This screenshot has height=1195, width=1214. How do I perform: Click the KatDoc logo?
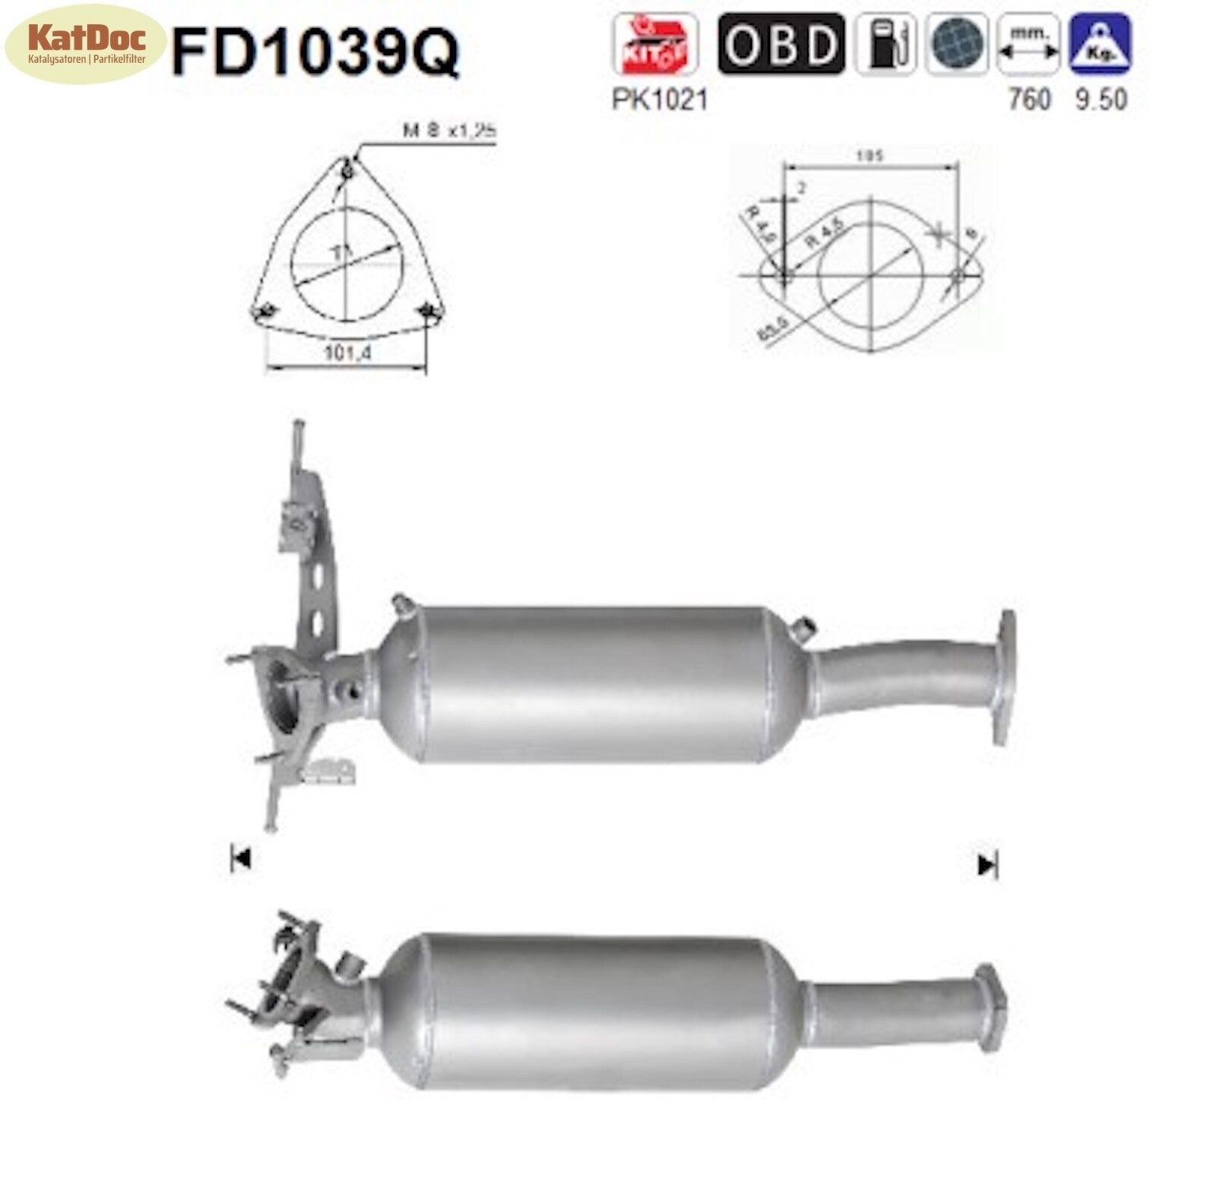click(x=84, y=43)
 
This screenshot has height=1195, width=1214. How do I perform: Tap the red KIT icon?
click(x=655, y=44)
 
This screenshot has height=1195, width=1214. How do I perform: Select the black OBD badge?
click(x=781, y=44)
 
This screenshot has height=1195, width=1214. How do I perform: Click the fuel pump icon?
click(x=885, y=44)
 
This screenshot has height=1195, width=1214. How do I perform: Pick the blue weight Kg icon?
click(x=1099, y=44)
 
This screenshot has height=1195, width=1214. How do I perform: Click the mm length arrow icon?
click(x=1028, y=44)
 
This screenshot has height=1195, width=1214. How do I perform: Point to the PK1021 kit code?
click(x=659, y=99)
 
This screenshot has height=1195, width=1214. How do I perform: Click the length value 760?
click(x=1029, y=99)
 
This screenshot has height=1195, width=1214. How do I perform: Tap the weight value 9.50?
click(x=1101, y=99)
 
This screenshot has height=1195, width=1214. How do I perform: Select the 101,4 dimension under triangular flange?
click(x=347, y=353)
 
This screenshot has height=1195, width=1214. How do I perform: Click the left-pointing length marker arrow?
click(x=241, y=859)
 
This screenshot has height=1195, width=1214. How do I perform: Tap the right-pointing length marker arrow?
click(x=987, y=864)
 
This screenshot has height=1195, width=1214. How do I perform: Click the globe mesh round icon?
click(x=957, y=44)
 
